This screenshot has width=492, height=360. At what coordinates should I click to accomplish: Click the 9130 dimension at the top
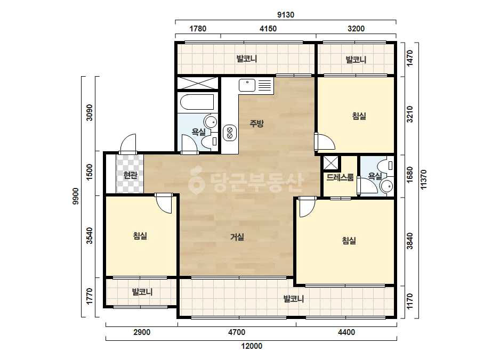coord(286,15)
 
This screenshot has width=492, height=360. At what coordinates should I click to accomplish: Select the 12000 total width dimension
coord(252,346)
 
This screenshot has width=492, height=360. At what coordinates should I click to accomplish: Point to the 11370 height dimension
coord(423,179)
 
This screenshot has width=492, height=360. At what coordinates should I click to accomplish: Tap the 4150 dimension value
coord(268,29)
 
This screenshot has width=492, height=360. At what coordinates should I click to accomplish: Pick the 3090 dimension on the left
coord(90,112)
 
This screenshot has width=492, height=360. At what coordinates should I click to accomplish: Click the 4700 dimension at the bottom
coord(237,332)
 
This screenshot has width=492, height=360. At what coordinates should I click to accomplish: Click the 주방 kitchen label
coord(257,124)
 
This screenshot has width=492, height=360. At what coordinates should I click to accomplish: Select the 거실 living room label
coord(237,237)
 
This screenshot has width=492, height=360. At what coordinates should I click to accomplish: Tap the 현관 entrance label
coord(130,175)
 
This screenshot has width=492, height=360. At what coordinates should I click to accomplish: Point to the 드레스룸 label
coord(340,177)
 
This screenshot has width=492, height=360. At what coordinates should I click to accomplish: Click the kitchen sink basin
coord(247,85)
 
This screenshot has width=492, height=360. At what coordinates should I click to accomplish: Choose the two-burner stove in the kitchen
coord(230,133)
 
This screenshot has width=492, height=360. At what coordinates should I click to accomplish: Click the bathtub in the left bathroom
coord(197,102)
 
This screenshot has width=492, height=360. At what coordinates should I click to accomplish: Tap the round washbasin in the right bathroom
coord(386,186)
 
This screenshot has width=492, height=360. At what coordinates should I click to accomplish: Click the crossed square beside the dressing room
coord(330,163)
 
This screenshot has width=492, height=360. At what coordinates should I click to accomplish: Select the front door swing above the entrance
coord(128,144)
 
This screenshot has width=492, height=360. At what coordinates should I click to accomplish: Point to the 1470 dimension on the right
coord(410,59)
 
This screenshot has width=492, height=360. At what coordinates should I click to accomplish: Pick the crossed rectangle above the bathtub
coord(197,83)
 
